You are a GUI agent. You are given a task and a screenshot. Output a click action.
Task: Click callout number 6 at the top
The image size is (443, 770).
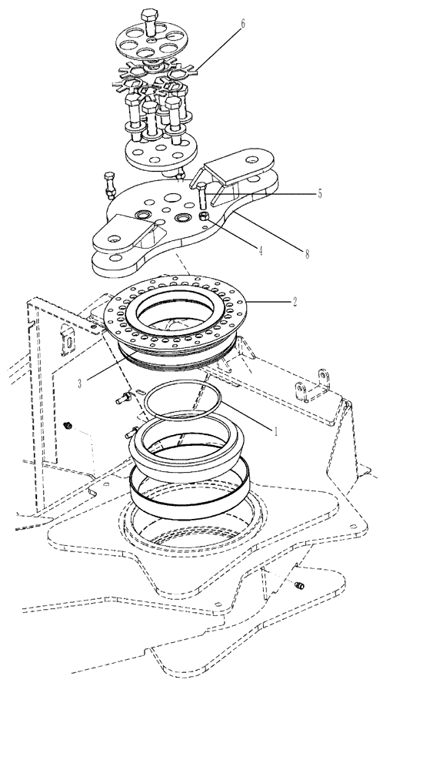pos(244,24)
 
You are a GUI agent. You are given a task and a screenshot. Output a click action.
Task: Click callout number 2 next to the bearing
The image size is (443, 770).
pos(294,303)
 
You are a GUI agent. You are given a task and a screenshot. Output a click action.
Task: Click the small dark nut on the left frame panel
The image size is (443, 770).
pos(68,425)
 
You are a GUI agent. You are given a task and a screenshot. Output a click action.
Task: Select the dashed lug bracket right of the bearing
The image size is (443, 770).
pos(317,385)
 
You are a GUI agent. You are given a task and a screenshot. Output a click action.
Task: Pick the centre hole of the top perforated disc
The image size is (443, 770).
pos(152,35)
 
